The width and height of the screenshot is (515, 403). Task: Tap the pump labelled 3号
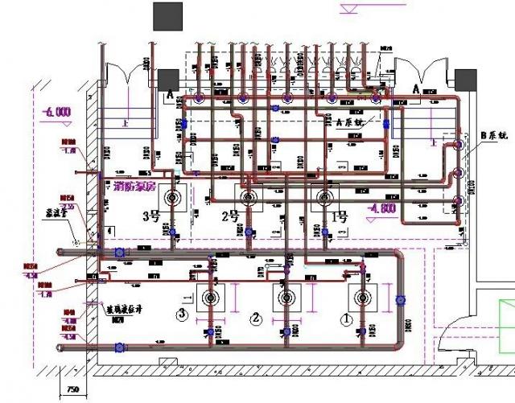click(172, 197)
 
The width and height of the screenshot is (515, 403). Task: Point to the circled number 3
click(183, 313)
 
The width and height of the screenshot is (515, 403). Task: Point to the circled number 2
click(256, 318)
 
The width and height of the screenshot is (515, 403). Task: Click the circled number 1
click(348, 318)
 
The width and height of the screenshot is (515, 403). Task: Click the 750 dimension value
click(72, 391)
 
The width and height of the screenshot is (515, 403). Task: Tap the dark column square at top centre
click(167, 16)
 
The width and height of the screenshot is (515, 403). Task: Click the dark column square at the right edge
click(466, 79)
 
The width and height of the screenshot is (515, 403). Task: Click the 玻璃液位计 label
click(121, 309)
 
